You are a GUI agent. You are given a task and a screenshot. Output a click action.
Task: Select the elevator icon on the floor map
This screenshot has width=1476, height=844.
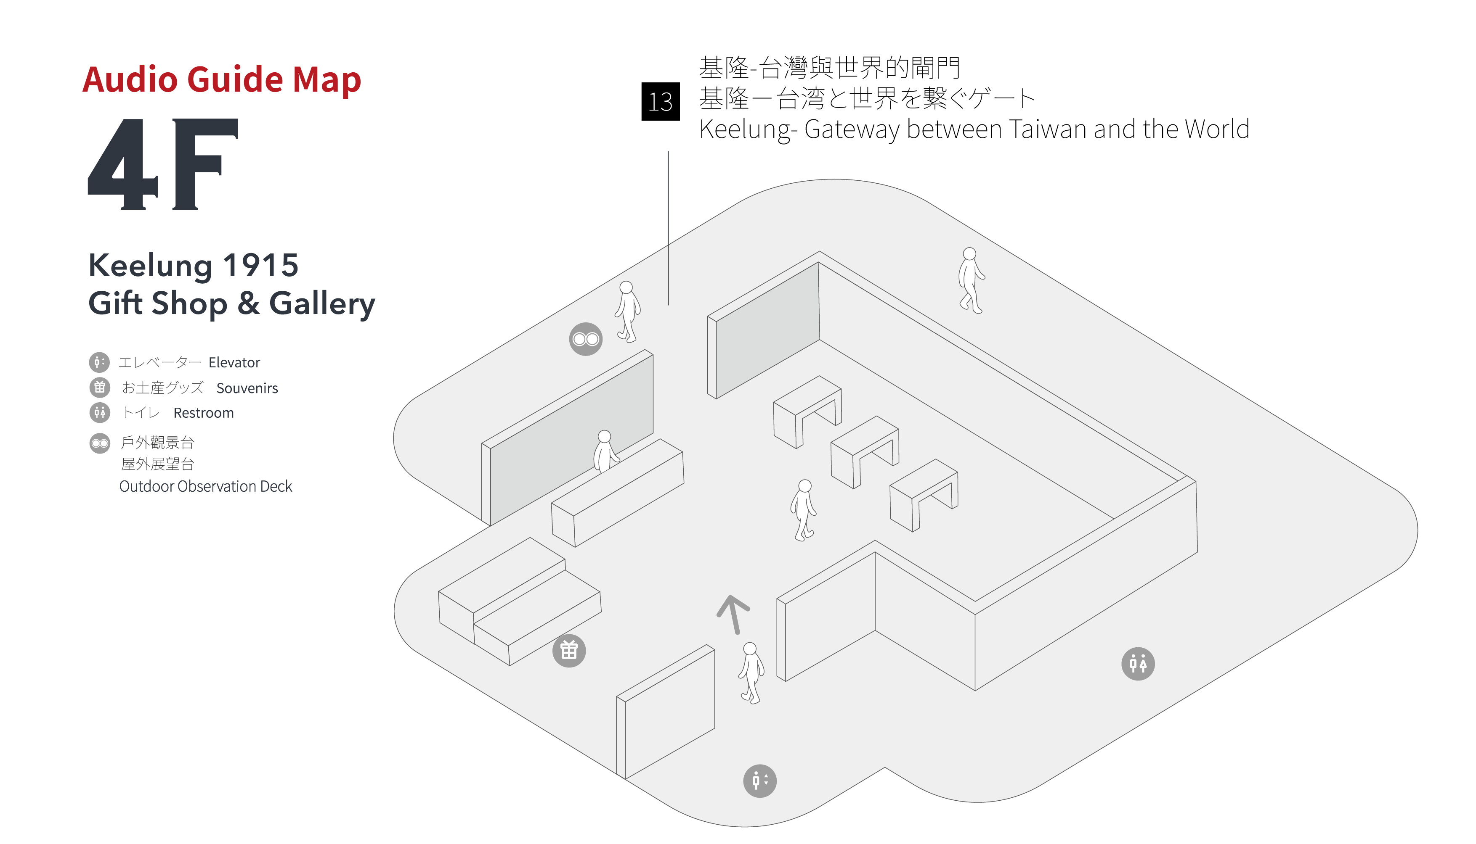tap(759, 781)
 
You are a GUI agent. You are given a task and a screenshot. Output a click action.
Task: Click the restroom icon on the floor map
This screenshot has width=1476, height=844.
tap(1137, 663)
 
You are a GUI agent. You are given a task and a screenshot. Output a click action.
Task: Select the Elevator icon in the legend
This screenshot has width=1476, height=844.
tap(99, 362)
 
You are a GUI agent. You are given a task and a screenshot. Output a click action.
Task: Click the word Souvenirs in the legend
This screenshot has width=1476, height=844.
tap(247, 388)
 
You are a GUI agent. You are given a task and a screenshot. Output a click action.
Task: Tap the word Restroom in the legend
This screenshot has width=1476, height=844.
tap(203, 413)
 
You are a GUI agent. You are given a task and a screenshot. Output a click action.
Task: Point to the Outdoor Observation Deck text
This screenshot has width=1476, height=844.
tap(205, 486)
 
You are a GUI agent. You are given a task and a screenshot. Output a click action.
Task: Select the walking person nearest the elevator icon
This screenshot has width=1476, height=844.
tap(751, 673)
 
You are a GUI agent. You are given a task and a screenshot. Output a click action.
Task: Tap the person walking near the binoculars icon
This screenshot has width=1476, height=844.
tap(627, 311)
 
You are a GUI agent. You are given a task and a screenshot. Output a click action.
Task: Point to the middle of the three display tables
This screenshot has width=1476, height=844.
tap(865, 450)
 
